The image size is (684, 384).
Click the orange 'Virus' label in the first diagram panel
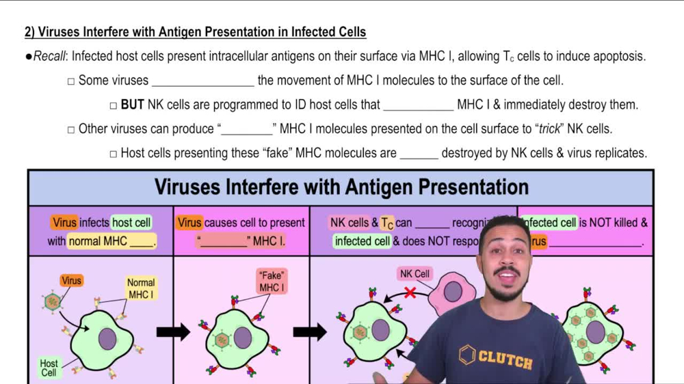(x=71, y=281)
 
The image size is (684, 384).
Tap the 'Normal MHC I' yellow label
(x=141, y=288)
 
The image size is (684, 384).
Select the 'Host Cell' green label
(x=49, y=368)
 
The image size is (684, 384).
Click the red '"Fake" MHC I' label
(x=272, y=282)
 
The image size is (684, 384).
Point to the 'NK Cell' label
(x=415, y=274)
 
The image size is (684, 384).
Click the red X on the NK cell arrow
(x=410, y=293)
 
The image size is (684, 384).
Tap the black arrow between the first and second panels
(x=173, y=333)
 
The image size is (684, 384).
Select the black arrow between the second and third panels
(x=310, y=333)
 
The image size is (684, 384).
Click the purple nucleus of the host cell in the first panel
(x=107, y=339)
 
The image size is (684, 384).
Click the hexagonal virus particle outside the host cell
(x=52, y=301)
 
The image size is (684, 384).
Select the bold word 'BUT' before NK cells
(x=133, y=105)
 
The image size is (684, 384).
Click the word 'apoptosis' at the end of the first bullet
(x=618, y=57)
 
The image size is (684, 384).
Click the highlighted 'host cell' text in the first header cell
(x=131, y=223)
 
